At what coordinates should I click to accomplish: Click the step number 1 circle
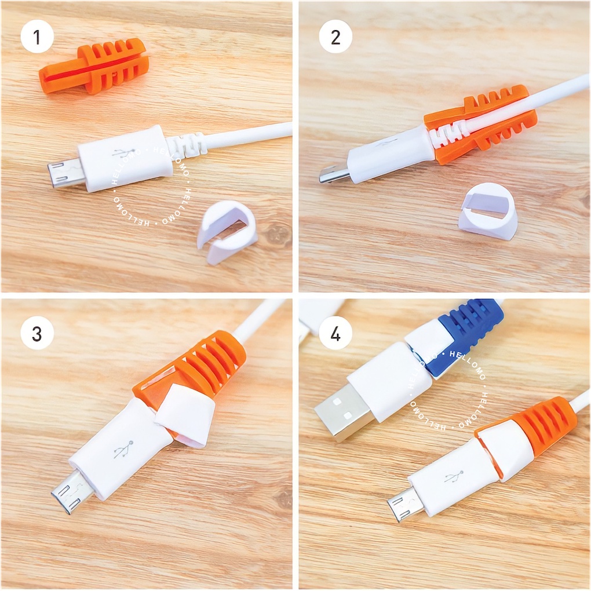pyautogui.click(x=37, y=37)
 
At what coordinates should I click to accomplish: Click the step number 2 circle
pyautogui.click(x=335, y=37)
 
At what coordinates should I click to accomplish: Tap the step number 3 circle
pyautogui.click(x=37, y=333)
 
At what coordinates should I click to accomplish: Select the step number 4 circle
pyautogui.click(x=335, y=333)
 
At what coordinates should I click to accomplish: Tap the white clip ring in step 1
pyautogui.click(x=227, y=231)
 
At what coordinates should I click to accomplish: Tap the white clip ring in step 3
pyautogui.click(x=185, y=415)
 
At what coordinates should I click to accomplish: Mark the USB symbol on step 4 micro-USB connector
pyautogui.click(x=454, y=476)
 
